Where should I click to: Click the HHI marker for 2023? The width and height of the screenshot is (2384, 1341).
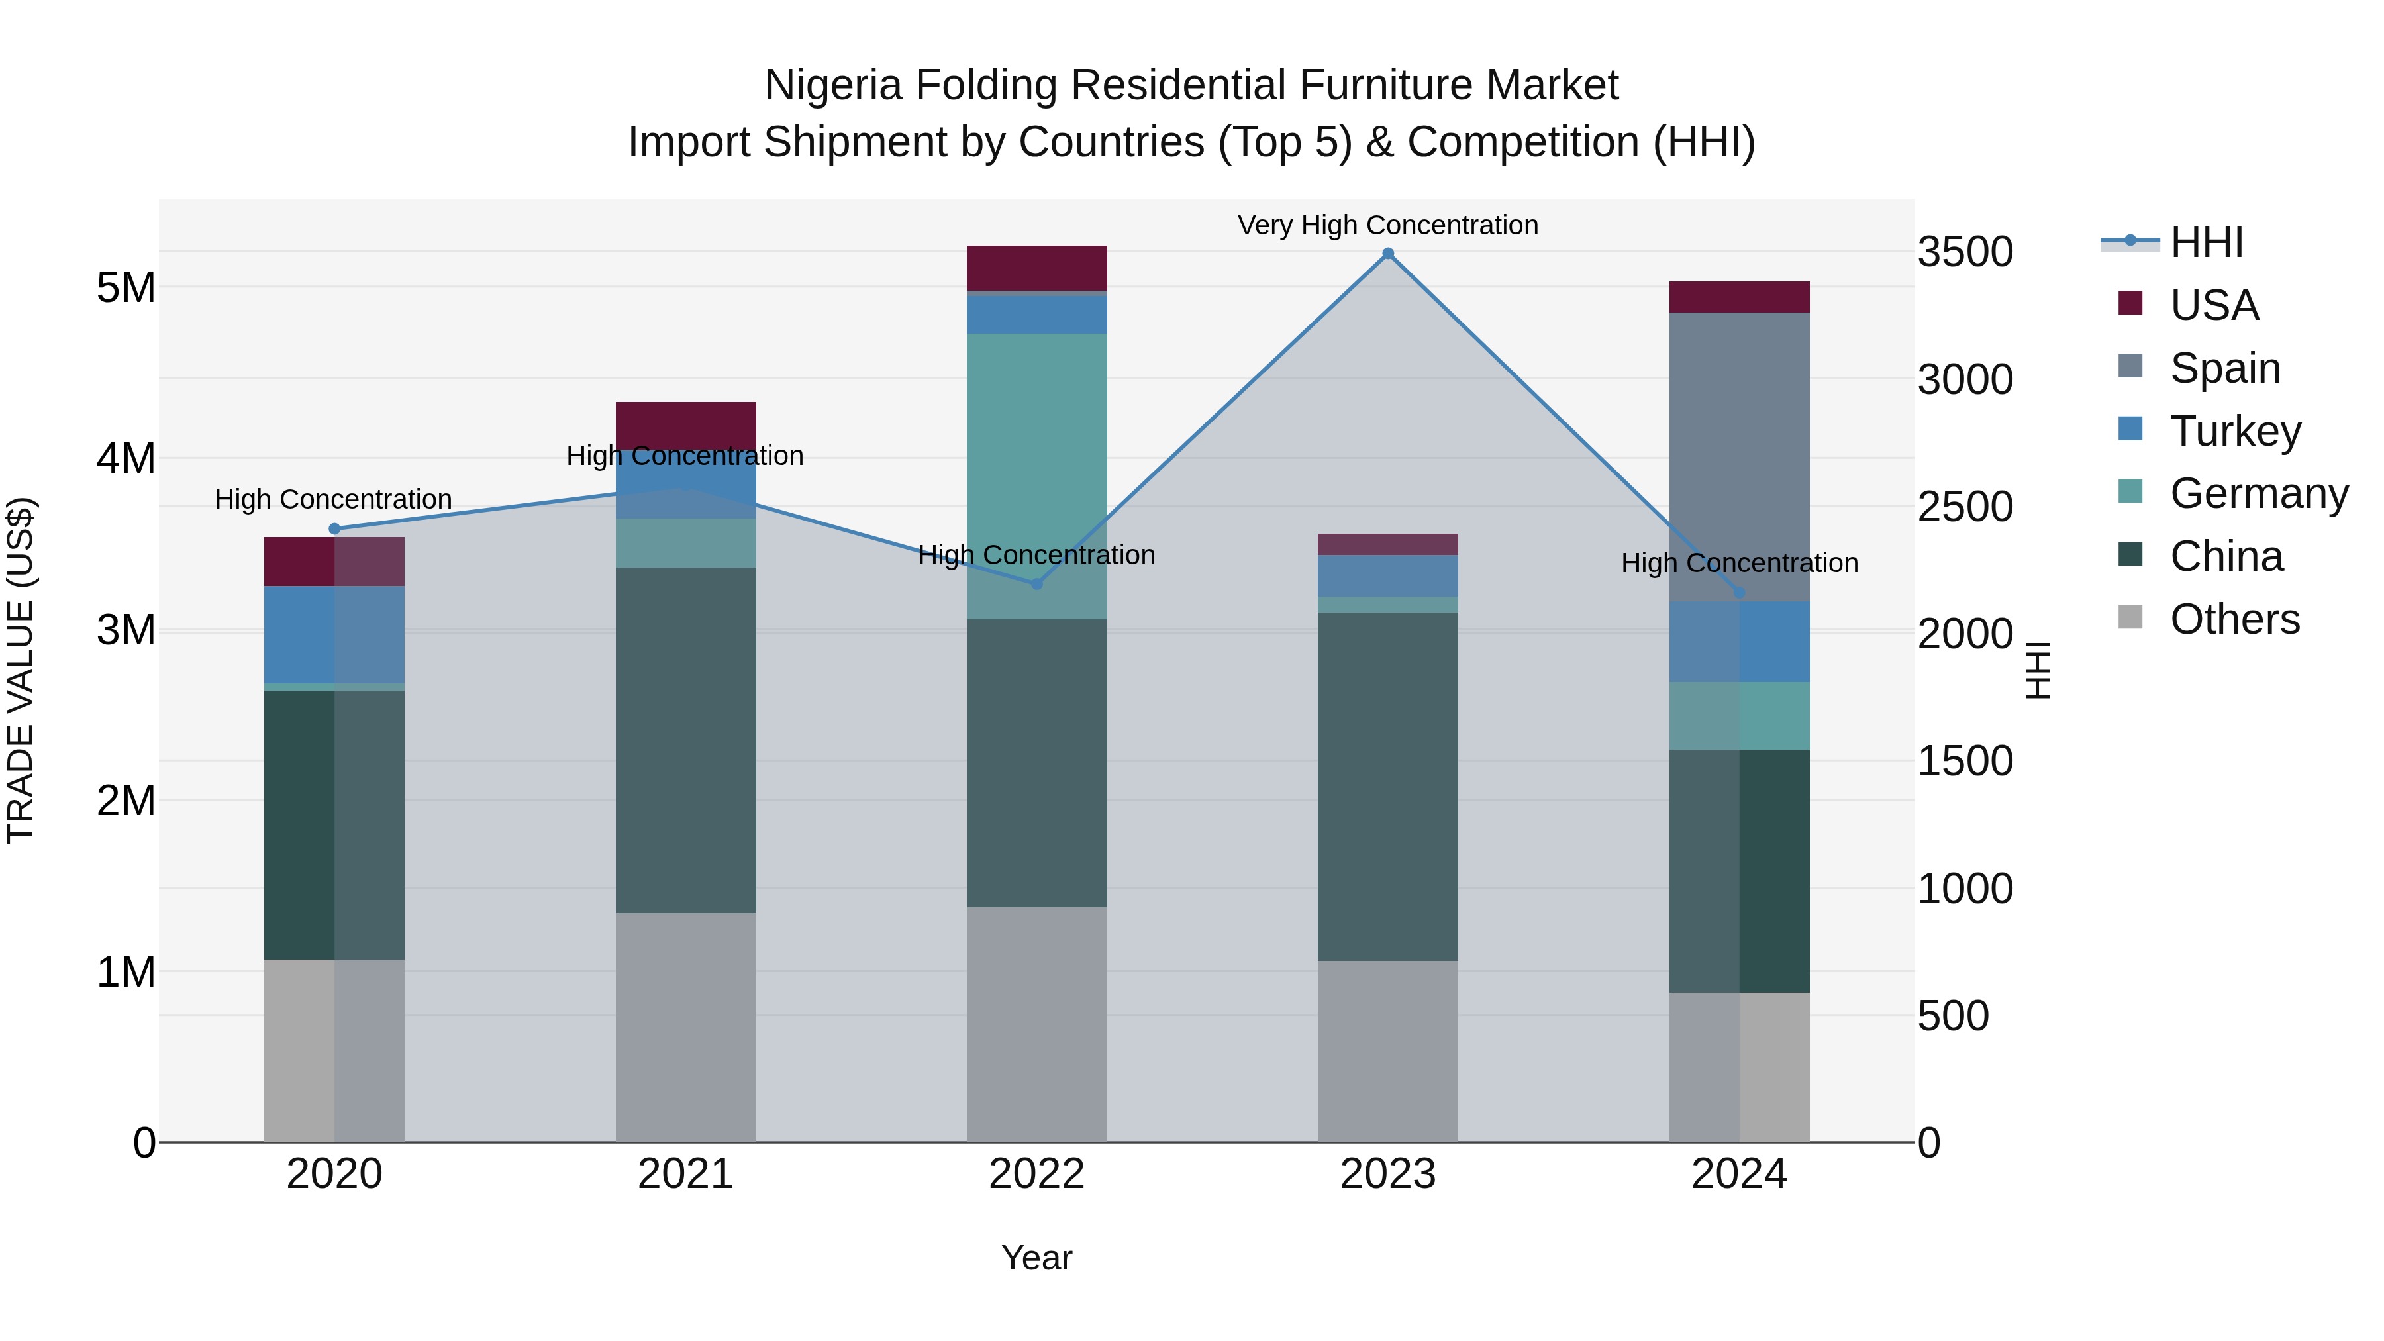pos(1387,254)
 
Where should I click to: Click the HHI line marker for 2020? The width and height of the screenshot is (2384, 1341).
pos(335,529)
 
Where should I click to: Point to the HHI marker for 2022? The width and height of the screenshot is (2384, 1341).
pos(1036,584)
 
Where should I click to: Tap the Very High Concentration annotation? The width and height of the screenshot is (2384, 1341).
pos(1387,226)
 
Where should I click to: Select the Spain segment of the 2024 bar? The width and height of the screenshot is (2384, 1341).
pos(1739,456)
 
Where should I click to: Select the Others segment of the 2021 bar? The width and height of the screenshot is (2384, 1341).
pos(686,1027)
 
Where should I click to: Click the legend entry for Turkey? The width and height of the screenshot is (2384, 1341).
pos(2235,431)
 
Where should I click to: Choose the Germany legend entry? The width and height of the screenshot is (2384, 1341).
pos(2258,493)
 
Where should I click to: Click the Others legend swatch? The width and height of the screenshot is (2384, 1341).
pos(2130,617)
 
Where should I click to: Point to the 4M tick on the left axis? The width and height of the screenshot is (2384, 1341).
pos(126,458)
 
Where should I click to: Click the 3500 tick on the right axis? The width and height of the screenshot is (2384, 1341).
pos(1964,253)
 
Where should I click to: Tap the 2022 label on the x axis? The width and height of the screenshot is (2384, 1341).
pos(1036,1174)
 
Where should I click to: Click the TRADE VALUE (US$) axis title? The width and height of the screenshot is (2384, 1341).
pos(21,670)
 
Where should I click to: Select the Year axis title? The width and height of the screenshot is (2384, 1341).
pos(1036,1258)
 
